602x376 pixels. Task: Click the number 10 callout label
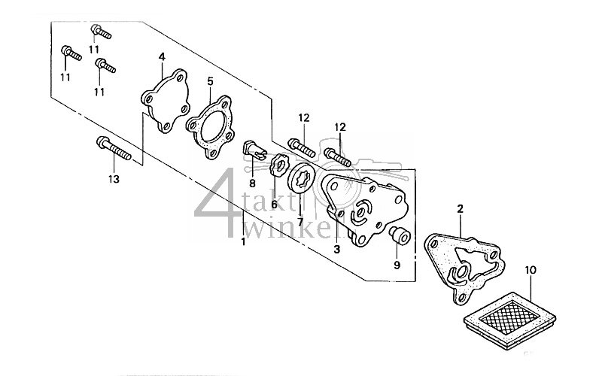[x=530, y=269]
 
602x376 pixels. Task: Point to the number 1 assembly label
[x=242, y=243]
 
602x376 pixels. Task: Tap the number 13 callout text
[x=114, y=178]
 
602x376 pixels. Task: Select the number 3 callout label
[x=337, y=250]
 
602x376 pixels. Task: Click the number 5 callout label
[x=210, y=80]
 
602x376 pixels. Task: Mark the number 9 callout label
[x=397, y=265]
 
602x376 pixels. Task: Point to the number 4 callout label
[x=161, y=57]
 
